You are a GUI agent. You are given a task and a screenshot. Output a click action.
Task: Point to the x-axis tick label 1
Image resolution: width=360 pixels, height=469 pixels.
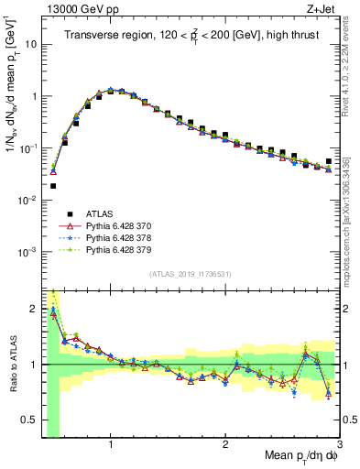[x=111, y=445]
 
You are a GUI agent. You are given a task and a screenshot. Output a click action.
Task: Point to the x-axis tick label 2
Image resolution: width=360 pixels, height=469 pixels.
[x=225, y=445]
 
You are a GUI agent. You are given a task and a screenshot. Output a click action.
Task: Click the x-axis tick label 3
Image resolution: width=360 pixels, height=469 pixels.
[x=339, y=445]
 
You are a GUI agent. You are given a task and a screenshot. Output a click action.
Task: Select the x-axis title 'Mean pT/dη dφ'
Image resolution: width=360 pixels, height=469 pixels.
[x=294, y=458]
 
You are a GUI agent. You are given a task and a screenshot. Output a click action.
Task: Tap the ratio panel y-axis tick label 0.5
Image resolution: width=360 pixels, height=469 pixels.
[x=28, y=422]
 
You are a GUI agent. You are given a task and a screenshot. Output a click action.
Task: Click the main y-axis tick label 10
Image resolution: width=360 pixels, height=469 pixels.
[x=30, y=44]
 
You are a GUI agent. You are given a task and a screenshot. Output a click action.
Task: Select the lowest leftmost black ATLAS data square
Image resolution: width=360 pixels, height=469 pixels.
[x=53, y=186]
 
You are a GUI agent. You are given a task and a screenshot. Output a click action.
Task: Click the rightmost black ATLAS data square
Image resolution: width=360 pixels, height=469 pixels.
[x=329, y=161]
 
